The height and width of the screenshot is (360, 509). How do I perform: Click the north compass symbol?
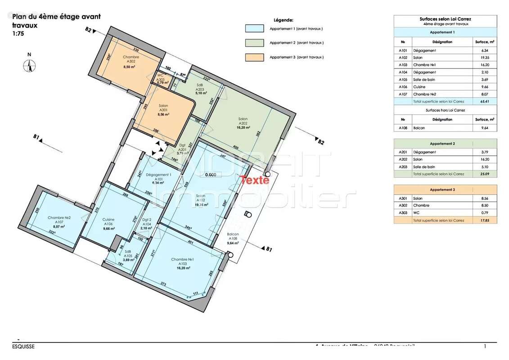(x=30, y=66)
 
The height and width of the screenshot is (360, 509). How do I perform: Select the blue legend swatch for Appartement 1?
(x=255, y=29)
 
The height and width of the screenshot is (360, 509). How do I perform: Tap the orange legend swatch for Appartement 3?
(x=255, y=57)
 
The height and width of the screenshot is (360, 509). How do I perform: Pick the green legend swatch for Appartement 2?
(x=255, y=43)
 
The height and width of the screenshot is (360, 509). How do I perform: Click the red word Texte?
(x=255, y=180)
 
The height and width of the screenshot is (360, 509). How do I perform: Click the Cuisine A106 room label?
(x=108, y=224)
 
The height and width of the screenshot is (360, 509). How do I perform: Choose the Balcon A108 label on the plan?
(x=233, y=238)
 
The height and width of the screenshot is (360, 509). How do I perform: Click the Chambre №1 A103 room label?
(x=182, y=263)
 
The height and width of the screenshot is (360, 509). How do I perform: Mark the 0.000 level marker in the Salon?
(x=211, y=175)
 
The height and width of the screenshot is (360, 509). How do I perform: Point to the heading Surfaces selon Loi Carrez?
(x=445, y=19)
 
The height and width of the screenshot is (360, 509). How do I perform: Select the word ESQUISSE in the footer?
(x=23, y=346)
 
